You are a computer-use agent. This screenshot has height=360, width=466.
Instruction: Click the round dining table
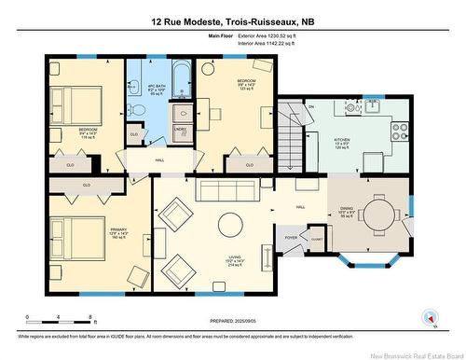380,207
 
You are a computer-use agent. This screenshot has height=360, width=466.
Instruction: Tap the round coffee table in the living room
230,224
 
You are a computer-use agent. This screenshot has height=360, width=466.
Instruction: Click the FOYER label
292,237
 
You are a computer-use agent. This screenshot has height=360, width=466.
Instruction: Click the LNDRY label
180,130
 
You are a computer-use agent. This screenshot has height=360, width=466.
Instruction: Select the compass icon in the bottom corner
430,317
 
